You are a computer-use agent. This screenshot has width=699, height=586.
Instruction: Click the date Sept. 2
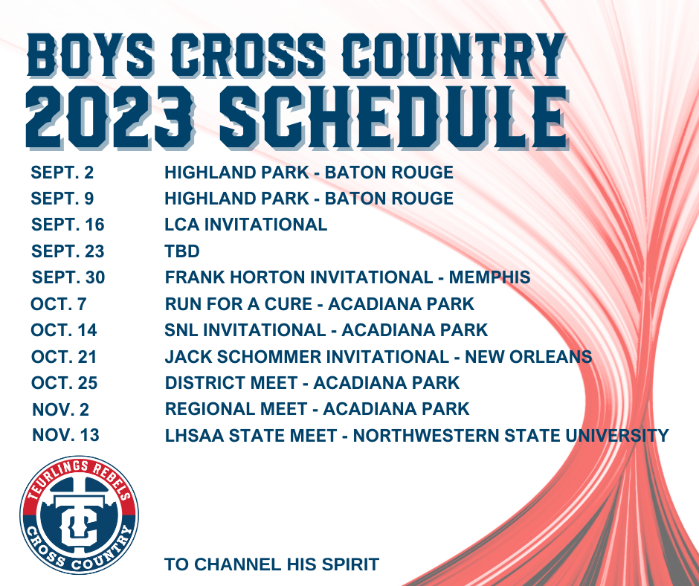click(x=62, y=173)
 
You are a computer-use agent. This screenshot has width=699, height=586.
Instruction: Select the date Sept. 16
click(x=68, y=225)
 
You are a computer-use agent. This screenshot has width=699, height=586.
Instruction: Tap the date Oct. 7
click(x=59, y=304)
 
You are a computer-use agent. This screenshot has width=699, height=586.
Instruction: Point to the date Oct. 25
click(x=64, y=383)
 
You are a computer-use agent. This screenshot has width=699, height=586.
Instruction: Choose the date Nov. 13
click(x=65, y=435)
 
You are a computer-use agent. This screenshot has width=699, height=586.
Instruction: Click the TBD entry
click(x=182, y=251)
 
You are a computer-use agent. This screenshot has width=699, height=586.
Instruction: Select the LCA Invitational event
click(x=245, y=225)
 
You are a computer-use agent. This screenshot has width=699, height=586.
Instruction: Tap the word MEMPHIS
click(x=489, y=277)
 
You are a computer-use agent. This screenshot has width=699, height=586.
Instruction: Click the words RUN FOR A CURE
click(x=239, y=304)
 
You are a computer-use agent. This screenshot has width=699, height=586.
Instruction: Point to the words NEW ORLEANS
click(x=528, y=357)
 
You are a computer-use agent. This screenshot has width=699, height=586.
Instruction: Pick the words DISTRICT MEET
click(x=231, y=383)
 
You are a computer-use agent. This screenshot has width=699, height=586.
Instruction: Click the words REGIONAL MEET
click(x=236, y=409)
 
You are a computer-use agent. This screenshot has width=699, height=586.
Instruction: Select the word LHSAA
click(x=194, y=436)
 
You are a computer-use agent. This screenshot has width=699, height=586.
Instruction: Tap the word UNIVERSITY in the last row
click(x=617, y=436)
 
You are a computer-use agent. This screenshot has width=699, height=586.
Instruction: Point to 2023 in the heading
click(x=109, y=117)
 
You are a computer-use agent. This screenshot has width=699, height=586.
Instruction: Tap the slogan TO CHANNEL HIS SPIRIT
click(x=271, y=564)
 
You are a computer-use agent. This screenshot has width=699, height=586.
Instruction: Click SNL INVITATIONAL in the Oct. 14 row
click(x=245, y=330)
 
